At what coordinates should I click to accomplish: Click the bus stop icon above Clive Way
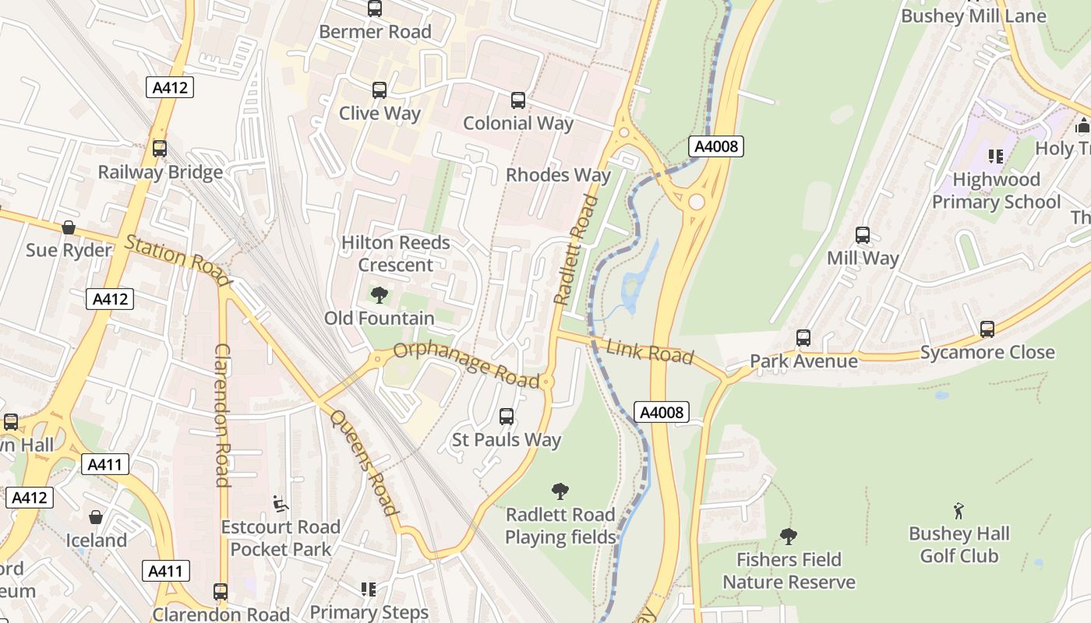click(x=380, y=90)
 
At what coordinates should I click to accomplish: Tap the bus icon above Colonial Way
click(x=518, y=100)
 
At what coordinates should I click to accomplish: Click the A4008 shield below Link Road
click(x=662, y=412)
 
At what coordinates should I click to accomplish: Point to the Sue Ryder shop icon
click(x=69, y=227)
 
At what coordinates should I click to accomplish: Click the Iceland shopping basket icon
click(x=96, y=517)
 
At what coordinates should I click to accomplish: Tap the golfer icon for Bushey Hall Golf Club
click(x=959, y=511)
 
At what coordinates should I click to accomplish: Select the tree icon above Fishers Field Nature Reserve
click(x=789, y=536)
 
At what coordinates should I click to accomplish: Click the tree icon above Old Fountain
click(x=380, y=294)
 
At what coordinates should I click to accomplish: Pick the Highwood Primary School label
click(x=997, y=191)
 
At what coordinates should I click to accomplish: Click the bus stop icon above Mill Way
click(x=863, y=235)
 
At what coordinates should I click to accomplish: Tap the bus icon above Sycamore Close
click(x=987, y=329)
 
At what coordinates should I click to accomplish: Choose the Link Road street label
click(x=649, y=352)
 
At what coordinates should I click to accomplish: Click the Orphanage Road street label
click(x=466, y=364)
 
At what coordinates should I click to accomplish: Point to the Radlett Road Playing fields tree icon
click(x=560, y=491)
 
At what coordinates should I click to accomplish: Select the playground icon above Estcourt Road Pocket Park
click(x=281, y=504)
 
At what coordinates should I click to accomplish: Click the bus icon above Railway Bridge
click(x=160, y=149)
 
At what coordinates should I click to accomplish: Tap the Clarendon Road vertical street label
click(x=223, y=414)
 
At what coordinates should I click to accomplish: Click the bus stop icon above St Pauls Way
click(x=507, y=417)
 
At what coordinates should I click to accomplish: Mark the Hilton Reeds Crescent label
click(x=396, y=254)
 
